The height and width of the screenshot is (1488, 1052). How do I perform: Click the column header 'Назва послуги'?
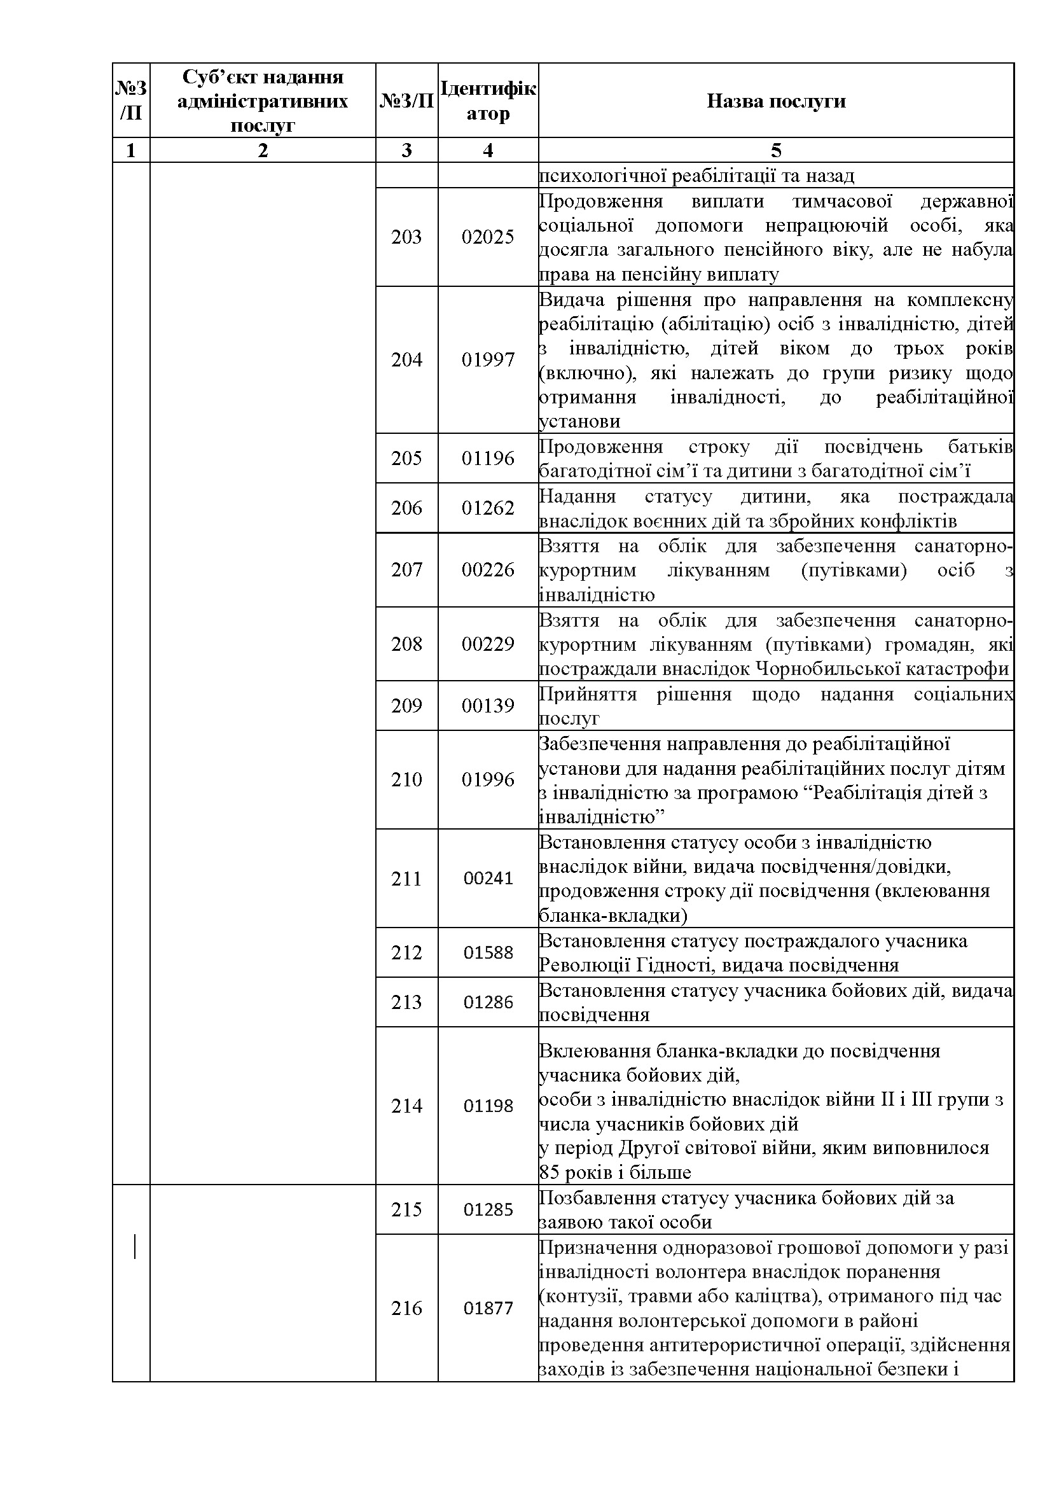[775, 101]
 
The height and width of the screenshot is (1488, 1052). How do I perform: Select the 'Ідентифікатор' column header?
[488, 101]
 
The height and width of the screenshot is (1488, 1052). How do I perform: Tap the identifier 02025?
[488, 237]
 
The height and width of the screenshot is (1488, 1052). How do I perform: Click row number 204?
[406, 359]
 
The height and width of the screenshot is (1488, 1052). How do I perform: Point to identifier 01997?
[488, 359]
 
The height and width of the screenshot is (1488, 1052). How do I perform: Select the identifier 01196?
[488, 458]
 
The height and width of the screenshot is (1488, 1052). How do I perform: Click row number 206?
[406, 508]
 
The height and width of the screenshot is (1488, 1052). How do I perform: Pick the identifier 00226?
[488, 569]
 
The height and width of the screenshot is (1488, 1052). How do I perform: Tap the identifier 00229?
[488, 644]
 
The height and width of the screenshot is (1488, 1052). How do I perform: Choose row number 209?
[406, 705]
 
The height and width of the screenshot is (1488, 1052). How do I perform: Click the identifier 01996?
[488, 779]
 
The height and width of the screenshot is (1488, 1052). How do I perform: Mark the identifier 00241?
[488, 878]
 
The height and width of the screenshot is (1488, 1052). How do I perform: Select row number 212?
[406, 952]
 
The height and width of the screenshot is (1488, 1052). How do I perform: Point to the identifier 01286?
[488, 1002]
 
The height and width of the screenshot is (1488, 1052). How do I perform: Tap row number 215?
[406, 1209]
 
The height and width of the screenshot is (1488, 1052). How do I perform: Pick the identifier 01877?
[488, 1308]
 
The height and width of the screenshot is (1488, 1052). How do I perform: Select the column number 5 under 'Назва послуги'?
[775, 150]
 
